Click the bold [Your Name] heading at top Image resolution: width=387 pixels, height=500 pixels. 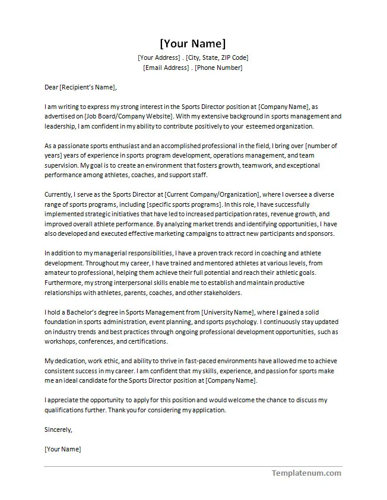pyautogui.click(x=193, y=43)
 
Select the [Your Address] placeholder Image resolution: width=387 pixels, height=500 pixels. pyautogui.click(x=158, y=57)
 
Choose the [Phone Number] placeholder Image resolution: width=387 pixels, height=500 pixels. pyautogui.click(x=218, y=68)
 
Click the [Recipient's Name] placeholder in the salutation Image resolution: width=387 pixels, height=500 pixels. pyautogui.click(x=87, y=87)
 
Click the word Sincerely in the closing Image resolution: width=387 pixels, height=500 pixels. pyautogui.click(x=58, y=430)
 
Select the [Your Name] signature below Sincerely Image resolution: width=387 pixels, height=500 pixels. pyautogui.click(x=63, y=449)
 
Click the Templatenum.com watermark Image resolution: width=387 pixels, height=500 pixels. pyautogui.click(x=306, y=473)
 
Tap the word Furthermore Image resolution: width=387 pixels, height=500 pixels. pyautogui.click(x=64, y=283)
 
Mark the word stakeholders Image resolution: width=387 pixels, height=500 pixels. pyautogui.click(x=221, y=293)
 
